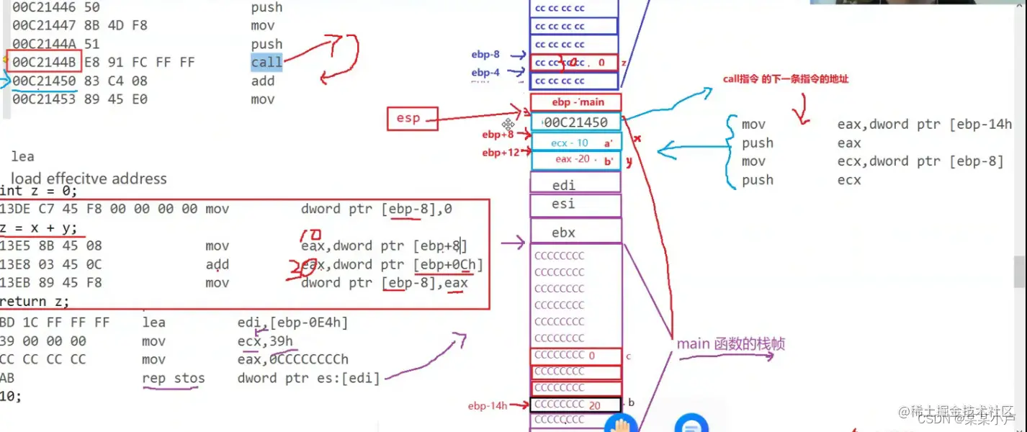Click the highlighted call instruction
(x=266, y=63)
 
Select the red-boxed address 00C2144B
(x=43, y=63)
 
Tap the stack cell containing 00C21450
(x=575, y=122)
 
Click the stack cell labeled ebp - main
(x=575, y=102)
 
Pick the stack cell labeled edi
(x=575, y=185)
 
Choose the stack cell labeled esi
(x=575, y=204)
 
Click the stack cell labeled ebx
(x=575, y=232)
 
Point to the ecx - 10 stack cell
(x=575, y=143)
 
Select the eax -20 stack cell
(x=575, y=160)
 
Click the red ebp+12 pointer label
(x=501, y=153)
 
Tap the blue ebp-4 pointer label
(x=485, y=73)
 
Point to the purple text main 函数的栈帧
(x=730, y=344)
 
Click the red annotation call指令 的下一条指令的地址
(x=786, y=79)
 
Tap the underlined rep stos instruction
(x=174, y=379)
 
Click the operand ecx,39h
(x=265, y=341)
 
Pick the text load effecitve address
(x=89, y=178)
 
